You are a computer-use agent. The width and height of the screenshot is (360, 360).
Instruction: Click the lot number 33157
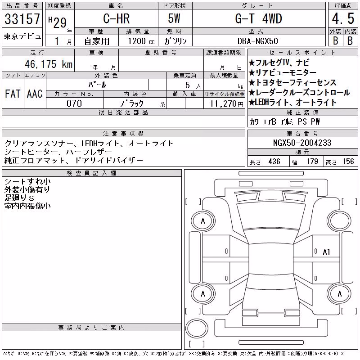pos(22,18)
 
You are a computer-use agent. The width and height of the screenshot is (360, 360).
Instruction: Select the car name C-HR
pos(117,18)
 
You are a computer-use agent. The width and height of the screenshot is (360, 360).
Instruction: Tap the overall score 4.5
pos(343,18)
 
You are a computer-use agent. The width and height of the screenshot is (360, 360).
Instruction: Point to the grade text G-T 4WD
pos(258,18)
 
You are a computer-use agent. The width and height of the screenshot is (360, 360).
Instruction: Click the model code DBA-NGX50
pos(257,41)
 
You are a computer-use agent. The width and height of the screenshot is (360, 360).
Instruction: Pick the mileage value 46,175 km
pos(49,64)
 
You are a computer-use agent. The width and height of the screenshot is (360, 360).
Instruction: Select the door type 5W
pos(174,18)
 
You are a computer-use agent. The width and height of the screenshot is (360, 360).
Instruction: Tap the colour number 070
pos(74,103)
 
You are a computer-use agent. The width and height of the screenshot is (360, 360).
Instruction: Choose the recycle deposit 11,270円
pos(227,104)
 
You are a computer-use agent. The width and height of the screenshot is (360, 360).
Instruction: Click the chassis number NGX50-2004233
pos(302,143)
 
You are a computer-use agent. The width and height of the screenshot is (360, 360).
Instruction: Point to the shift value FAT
pos(13,94)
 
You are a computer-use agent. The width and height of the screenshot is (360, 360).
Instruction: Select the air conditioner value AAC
pos(35,94)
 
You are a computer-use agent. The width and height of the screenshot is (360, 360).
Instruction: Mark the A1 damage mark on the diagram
pos(326,252)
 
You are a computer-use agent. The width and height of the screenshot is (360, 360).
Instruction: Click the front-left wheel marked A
pos(203,221)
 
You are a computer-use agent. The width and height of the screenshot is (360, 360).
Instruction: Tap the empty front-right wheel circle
pos(339,221)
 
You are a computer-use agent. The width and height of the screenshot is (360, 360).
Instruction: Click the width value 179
pos(312,162)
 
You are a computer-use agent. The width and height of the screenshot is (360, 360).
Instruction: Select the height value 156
pos(348,162)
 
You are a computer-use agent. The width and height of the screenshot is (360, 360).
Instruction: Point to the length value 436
pos(274,162)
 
